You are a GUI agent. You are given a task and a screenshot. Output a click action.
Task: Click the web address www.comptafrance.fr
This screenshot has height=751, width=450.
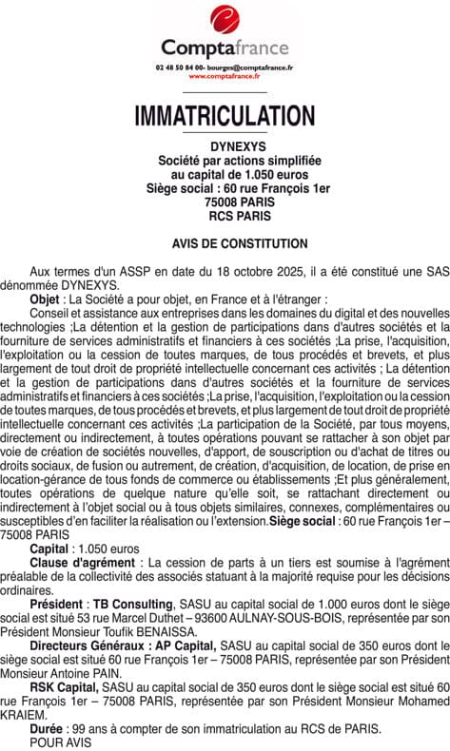pos(225,76)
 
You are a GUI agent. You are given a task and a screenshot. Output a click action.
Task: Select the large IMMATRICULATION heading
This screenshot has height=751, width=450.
pos(225,116)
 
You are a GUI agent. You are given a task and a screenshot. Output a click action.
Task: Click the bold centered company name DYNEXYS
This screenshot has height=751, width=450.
pos(225,149)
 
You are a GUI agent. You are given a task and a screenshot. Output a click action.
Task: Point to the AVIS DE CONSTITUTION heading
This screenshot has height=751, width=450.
pos(225,244)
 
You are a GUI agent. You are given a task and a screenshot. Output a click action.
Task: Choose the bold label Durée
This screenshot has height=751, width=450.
pos(47,729)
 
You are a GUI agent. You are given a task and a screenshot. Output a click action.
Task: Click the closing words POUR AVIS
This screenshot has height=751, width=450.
pos(61,742)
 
